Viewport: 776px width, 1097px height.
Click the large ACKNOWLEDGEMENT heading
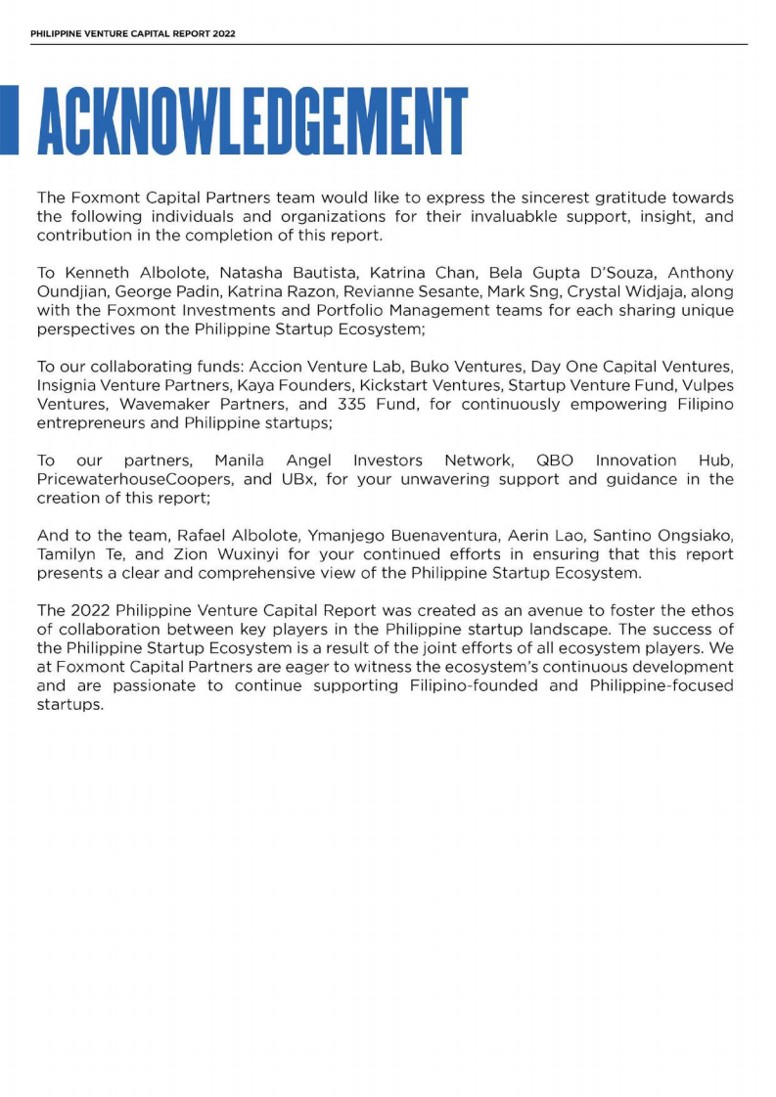[x=251, y=121]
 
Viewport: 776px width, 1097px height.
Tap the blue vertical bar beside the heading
[x=9, y=120]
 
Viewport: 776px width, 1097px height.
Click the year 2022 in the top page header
[x=223, y=33]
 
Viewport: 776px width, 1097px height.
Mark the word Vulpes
[x=708, y=384]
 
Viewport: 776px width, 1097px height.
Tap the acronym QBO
[x=555, y=461]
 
